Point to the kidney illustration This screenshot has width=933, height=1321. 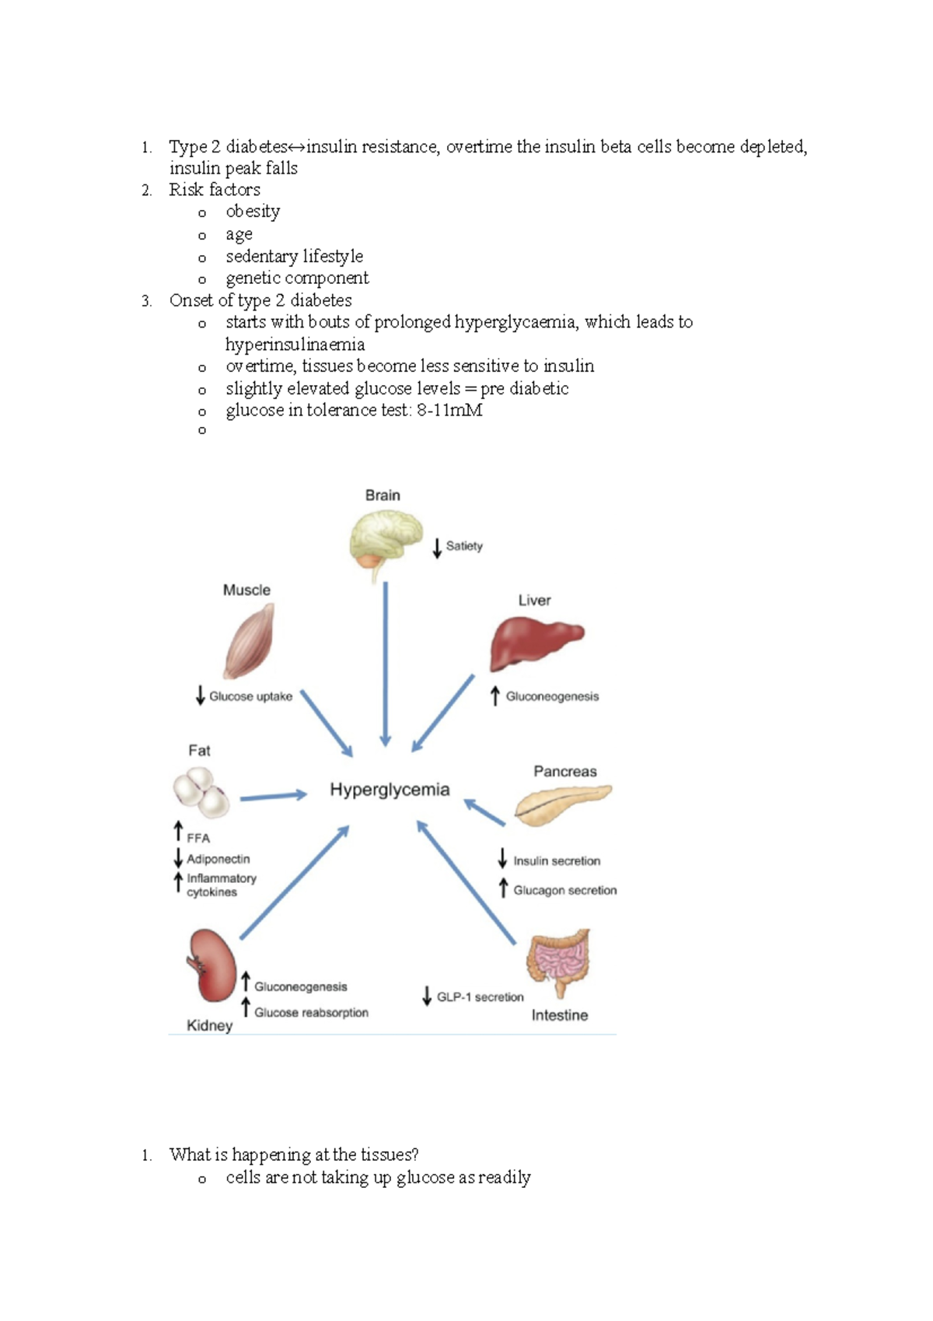coord(211,965)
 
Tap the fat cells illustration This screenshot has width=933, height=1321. coord(201,792)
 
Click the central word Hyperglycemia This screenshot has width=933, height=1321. coord(390,790)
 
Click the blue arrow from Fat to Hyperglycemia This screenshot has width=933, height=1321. coord(273,797)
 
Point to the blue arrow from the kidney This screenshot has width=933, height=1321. coord(294,883)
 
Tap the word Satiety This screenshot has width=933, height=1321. coord(464,546)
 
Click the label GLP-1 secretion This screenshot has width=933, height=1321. coord(480,997)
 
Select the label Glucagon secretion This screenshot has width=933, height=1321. coord(564,890)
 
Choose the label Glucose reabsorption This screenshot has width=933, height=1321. coord(311,1012)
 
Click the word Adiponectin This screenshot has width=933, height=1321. coord(218,859)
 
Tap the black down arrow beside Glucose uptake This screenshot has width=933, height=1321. coord(200,695)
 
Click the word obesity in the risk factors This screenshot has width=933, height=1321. coord(253,212)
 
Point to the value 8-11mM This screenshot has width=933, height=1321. coord(449,410)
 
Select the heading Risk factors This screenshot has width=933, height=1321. coord(215,190)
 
